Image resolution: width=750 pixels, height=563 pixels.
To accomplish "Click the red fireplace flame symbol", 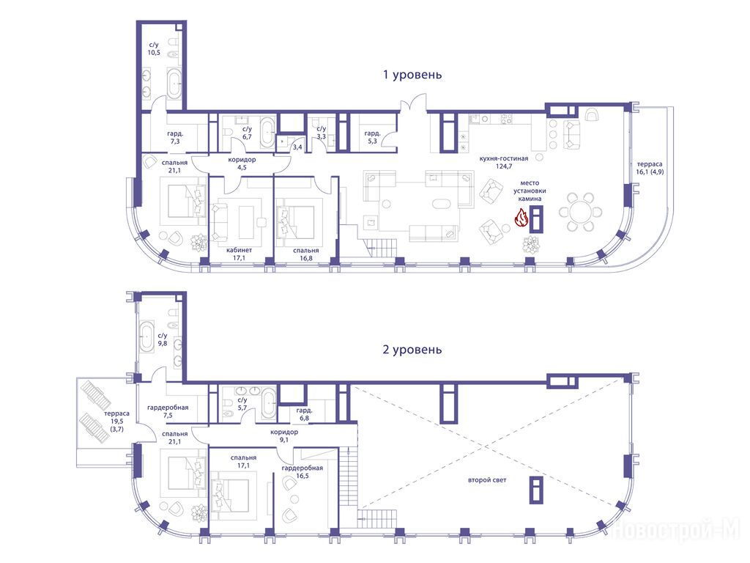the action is point(521,218).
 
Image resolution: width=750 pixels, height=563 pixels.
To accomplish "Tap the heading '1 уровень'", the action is point(412,76).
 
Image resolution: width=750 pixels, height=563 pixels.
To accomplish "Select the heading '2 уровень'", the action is point(412,350).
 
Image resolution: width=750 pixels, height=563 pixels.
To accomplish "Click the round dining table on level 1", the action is point(580,212).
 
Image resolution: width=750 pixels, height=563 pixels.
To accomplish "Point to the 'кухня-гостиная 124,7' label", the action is point(504,162).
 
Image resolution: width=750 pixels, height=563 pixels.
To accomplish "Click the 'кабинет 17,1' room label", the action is point(240,254).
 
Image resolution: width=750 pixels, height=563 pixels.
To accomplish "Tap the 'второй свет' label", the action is point(487,479).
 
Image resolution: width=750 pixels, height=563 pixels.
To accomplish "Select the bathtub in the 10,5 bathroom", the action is point(174,84).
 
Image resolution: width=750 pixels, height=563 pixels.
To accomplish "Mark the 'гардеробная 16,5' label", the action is point(302,472).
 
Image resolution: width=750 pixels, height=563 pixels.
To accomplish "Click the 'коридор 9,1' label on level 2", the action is point(284,435).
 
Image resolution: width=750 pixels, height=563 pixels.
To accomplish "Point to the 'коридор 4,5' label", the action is point(242,163).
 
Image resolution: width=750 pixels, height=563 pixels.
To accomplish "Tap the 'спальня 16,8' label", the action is point(306,254).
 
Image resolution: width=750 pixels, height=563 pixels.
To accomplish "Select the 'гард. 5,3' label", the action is point(373,137).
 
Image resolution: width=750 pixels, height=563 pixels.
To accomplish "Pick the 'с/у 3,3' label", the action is point(322,133).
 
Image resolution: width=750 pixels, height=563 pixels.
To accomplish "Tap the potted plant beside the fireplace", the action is point(532,245).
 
